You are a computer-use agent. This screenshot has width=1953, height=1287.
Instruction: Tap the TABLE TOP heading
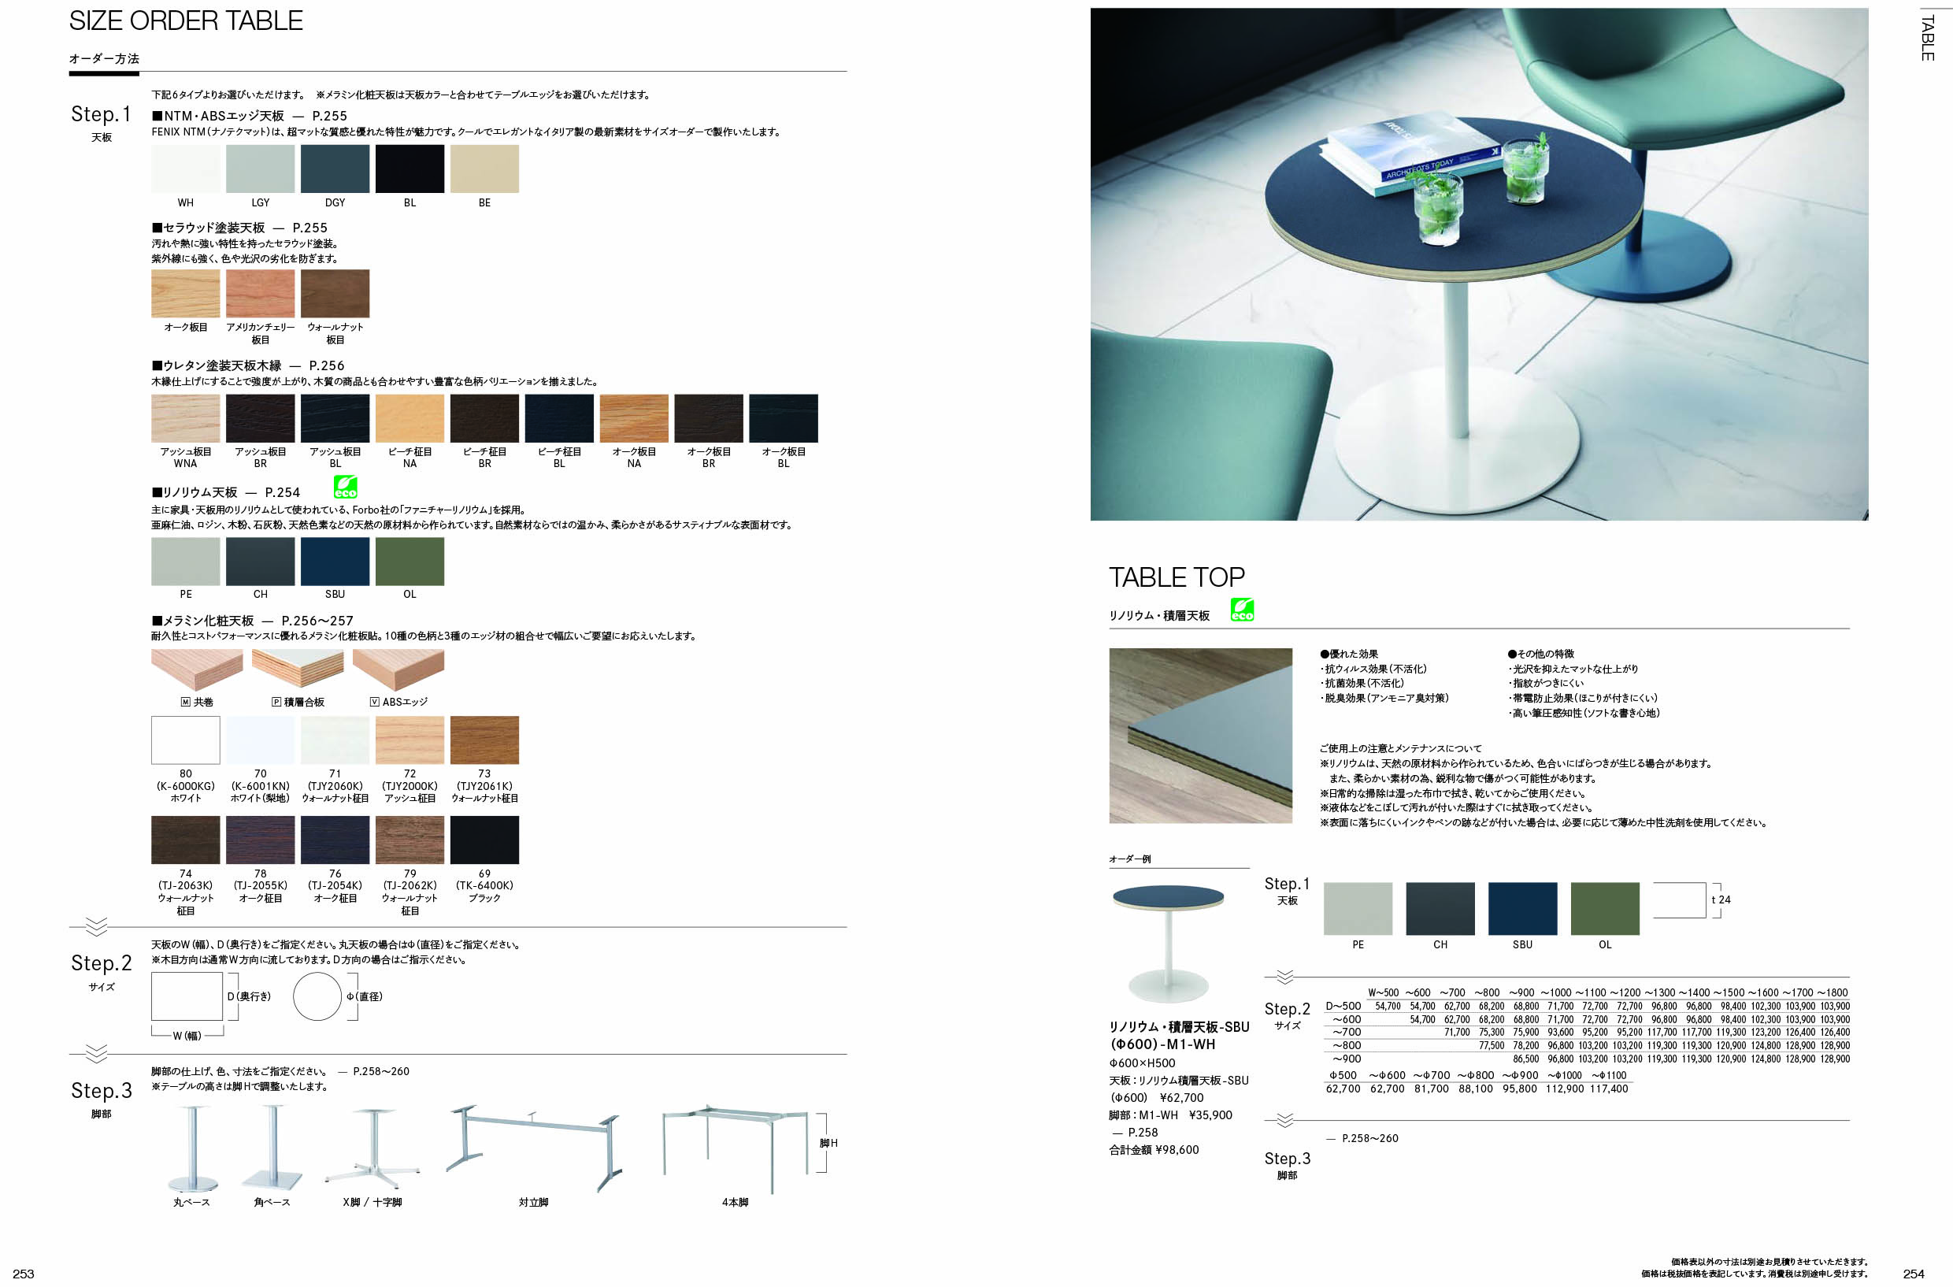pos(1177,577)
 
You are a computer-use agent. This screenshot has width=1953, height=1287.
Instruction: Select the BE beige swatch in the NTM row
pos(484,169)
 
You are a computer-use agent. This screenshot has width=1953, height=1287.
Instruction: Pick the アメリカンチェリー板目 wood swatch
pos(260,293)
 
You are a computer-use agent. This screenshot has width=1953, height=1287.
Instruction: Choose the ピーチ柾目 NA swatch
pos(409,417)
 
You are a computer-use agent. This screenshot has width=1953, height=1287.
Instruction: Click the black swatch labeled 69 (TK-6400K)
pos(484,840)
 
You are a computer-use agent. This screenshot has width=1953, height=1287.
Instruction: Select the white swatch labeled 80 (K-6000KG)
pos(185,740)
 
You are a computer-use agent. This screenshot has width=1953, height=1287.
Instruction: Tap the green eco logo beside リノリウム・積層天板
pos(1243,609)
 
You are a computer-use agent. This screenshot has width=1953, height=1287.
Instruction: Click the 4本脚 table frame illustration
pos(736,1149)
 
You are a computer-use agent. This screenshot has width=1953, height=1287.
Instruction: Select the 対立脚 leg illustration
pos(533,1148)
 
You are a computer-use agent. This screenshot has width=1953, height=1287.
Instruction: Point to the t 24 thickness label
pos(1721,899)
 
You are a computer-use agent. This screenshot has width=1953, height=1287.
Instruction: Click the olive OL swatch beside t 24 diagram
pos(1605,909)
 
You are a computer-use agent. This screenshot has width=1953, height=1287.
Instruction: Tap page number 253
pos(23,1274)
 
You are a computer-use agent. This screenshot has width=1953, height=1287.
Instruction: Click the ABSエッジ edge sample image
pos(398,669)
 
